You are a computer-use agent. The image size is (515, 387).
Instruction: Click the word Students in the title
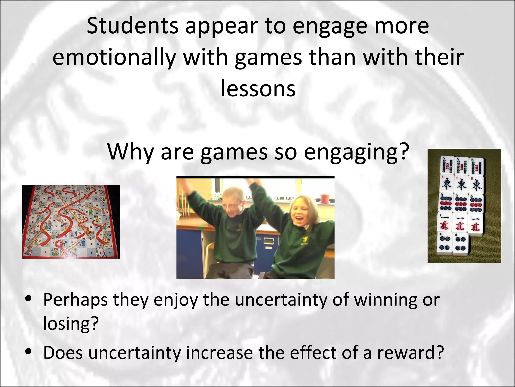(132, 26)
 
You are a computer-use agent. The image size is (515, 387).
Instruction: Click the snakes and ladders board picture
(71, 222)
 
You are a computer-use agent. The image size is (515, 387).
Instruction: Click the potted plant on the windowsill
(325, 198)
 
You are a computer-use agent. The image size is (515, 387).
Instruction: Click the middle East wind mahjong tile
(462, 185)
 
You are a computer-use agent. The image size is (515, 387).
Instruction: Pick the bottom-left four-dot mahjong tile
(445, 243)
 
